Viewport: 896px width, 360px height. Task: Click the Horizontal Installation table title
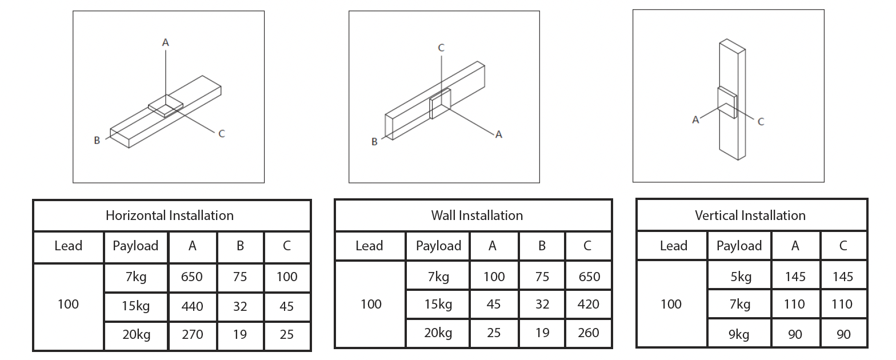pos(170,215)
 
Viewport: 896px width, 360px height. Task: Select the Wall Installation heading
pos(477,215)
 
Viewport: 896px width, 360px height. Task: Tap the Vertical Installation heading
pos(750,215)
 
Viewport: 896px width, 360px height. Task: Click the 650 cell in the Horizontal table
pos(191,277)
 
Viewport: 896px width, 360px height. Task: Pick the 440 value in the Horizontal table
pos(192,306)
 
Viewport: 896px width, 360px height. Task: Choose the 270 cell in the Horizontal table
pos(193,334)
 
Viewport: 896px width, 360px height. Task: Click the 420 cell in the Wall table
pos(589,305)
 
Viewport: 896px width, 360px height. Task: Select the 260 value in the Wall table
pos(589,333)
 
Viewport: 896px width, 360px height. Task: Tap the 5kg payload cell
pos(741,277)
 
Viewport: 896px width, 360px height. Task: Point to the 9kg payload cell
pos(739,334)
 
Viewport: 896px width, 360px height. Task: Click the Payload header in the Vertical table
pos(739,246)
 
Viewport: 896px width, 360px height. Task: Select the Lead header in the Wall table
pos(369,246)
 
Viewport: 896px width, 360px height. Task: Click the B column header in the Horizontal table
pos(240,246)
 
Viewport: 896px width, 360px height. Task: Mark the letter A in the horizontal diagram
pos(166,42)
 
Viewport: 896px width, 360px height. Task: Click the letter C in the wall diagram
pos(441,48)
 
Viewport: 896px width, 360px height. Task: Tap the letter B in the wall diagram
pos(374,142)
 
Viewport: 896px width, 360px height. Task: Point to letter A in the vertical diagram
pos(695,119)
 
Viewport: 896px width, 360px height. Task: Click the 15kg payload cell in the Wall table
pos(438,305)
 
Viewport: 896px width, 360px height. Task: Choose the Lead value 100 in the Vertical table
pos(671,305)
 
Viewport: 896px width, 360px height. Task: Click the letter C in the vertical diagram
pos(761,122)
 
